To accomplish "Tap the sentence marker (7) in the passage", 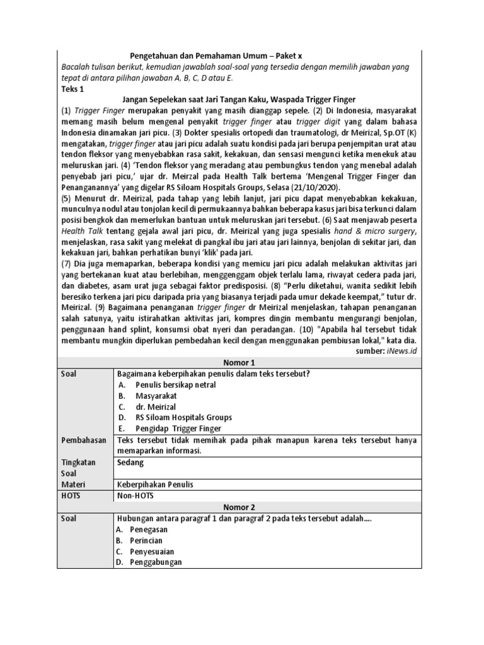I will (67, 261).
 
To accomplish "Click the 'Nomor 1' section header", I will (239, 362).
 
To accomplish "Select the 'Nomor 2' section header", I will (239, 506).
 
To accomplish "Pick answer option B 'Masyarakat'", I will (156, 396).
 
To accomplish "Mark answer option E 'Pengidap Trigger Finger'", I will (178, 428).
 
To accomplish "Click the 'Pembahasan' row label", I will (83, 440).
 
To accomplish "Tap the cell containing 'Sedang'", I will (131, 462).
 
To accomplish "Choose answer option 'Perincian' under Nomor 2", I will (146, 540).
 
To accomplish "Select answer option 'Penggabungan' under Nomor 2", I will (156, 562).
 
